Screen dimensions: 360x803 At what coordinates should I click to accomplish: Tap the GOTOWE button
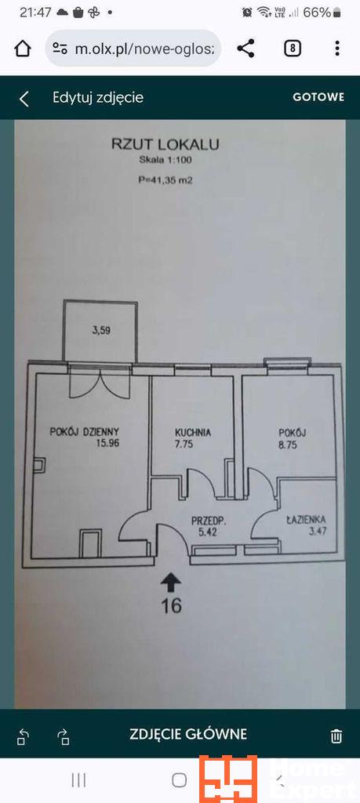pyautogui.click(x=318, y=97)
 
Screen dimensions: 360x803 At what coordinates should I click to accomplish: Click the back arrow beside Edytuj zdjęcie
pyautogui.click(x=24, y=98)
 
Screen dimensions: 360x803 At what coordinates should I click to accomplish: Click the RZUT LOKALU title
pyautogui.click(x=165, y=144)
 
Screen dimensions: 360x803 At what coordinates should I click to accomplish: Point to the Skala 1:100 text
pyautogui.click(x=165, y=160)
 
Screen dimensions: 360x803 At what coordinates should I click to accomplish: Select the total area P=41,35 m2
pyautogui.click(x=165, y=180)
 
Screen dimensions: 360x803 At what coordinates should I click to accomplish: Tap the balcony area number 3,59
pyautogui.click(x=101, y=331)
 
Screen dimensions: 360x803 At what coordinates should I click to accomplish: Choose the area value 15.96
pyautogui.click(x=107, y=444)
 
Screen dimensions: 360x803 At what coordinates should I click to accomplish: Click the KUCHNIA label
pyautogui.click(x=192, y=432)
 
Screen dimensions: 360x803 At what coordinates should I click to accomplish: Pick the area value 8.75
pyautogui.click(x=288, y=445)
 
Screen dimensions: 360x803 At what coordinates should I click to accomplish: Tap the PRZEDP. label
pyautogui.click(x=209, y=521)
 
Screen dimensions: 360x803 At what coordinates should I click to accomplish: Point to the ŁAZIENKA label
pyautogui.click(x=306, y=521)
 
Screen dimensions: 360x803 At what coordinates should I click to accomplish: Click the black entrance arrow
pyautogui.click(x=171, y=583)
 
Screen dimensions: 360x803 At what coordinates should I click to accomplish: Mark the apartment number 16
pyautogui.click(x=171, y=606)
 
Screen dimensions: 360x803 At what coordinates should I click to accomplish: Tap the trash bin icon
pyautogui.click(x=336, y=736)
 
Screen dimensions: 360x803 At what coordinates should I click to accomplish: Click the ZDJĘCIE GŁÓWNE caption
pyautogui.click(x=188, y=734)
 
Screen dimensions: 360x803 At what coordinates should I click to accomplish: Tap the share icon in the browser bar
pyautogui.click(x=245, y=49)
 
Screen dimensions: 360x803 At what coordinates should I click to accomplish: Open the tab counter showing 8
pyautogui.click(x=292, y=49)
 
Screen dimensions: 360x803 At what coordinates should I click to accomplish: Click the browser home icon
pyautogui.click(x=22, y=49)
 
